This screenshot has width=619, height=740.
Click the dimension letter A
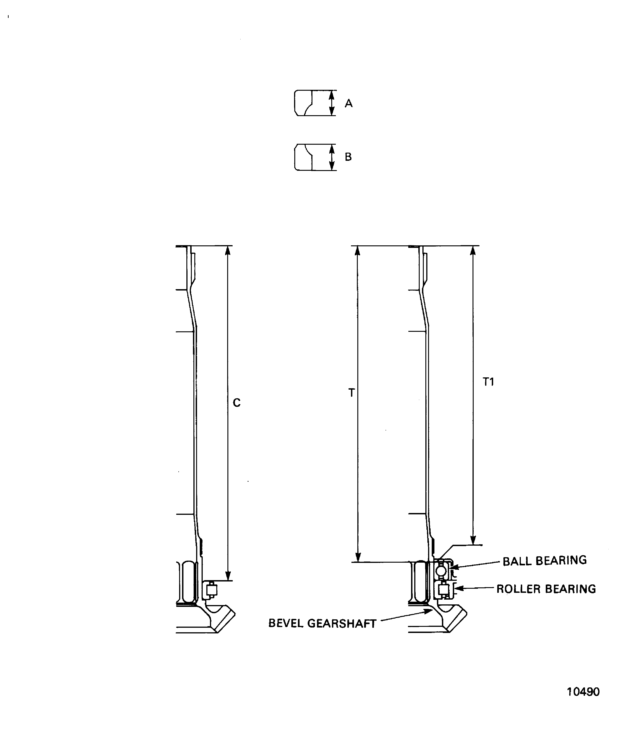348,103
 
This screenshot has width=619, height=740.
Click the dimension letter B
348,157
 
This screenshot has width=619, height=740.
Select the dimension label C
237,403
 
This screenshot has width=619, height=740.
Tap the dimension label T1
488,382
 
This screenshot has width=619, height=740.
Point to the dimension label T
351,393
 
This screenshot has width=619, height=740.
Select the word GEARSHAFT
342,623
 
